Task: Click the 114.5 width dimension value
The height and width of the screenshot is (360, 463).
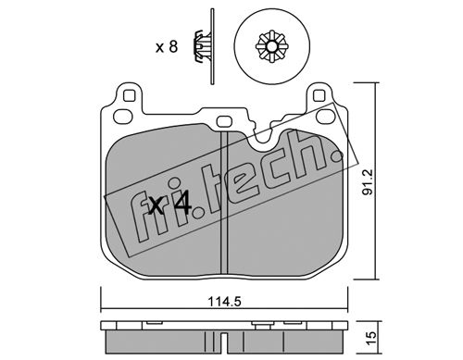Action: [224, 301]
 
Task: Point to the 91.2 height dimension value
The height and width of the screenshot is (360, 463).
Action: [368, 181]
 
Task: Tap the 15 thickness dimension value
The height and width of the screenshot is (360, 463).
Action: [371, 339]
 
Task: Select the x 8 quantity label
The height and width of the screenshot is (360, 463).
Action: [167, 47]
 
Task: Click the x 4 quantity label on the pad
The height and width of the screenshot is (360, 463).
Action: [170, 205]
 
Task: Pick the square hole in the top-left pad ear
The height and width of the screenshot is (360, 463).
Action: [130, 95]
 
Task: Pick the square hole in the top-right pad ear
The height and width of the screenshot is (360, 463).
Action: [319, 95]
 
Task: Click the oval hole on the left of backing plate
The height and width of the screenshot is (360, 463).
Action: [123, 117]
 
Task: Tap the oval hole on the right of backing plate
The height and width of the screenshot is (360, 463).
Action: [326, 116]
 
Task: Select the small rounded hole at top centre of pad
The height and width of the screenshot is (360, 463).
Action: [225, 121]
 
